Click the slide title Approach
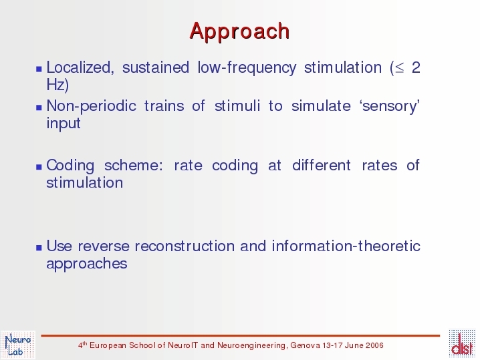pos(239,31)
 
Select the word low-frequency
pos(247,68)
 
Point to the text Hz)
pos(57,84)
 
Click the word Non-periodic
pos(91,106)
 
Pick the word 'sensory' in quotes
pos(390,106)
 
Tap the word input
pos(64,124)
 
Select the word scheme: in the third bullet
pos(133,166)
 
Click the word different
pos(321,165)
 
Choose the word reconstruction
pos(185,246)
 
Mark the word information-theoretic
pos(346,246)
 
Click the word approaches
pos(87,264)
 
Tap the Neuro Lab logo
pos(18,345)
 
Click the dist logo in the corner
pos(462,344)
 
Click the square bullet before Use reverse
pos(39,247)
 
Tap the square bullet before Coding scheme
pos(39,167)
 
